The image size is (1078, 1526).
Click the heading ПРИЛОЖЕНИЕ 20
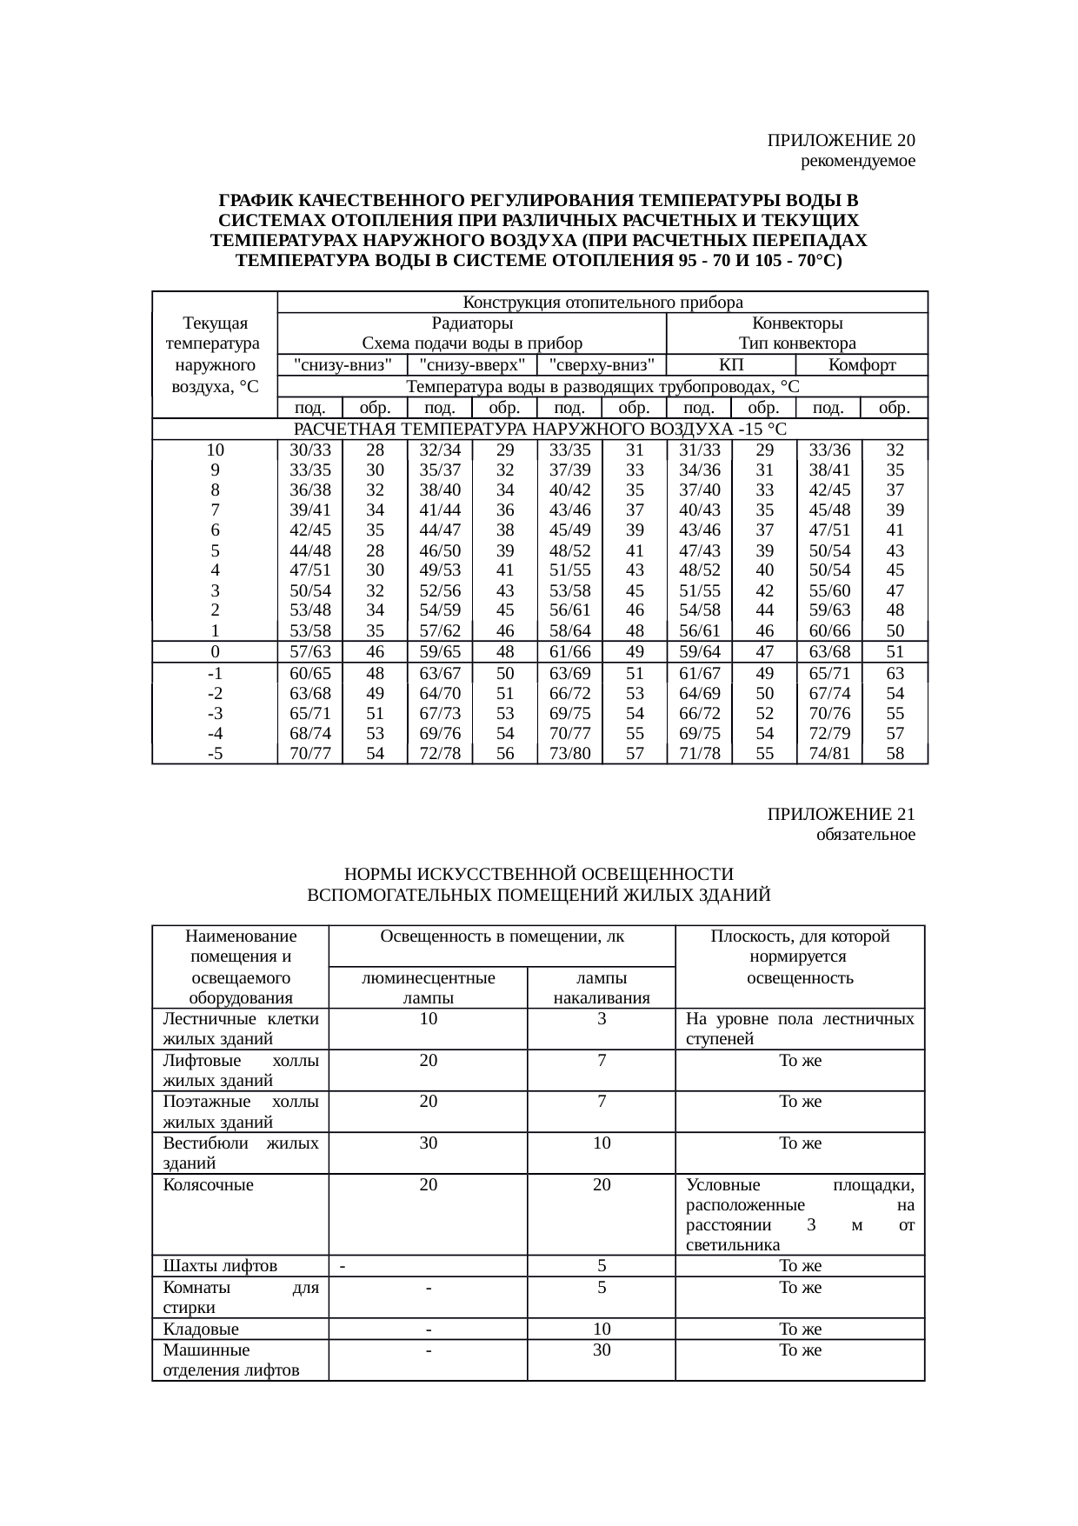841,140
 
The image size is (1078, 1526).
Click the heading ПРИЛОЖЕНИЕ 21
841,814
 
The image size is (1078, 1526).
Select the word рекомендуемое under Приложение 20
857,161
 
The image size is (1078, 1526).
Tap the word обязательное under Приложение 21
865,835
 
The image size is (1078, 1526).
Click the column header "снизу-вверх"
471,364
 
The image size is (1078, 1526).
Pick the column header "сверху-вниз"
602,364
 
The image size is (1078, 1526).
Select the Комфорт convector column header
862,364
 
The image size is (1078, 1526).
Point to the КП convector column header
731,364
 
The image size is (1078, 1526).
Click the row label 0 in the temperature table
215,652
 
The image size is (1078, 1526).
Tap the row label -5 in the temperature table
215,754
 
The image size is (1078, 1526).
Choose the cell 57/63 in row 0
310,652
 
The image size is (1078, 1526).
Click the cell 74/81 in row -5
829,754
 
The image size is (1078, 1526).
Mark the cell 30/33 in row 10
310,450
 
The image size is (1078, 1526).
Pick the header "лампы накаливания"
602,988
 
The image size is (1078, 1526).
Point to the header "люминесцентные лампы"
428,988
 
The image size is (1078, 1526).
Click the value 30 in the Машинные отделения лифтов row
602,1349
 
